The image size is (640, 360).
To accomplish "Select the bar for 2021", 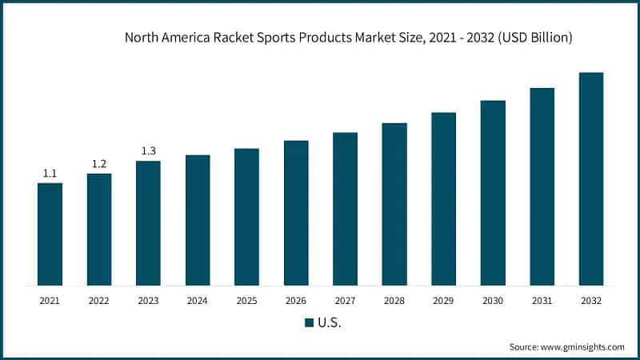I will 50,234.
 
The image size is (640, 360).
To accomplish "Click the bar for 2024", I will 198,220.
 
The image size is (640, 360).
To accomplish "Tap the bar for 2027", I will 345,209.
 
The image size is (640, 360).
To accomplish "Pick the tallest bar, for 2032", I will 591,178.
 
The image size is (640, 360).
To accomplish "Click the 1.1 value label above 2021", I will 50,174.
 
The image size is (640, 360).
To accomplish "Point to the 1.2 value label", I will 99,164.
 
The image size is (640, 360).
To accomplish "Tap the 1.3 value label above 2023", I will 148,151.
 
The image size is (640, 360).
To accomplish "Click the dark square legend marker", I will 309,322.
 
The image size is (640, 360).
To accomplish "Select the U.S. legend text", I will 330,322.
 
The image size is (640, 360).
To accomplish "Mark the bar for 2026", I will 296,213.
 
